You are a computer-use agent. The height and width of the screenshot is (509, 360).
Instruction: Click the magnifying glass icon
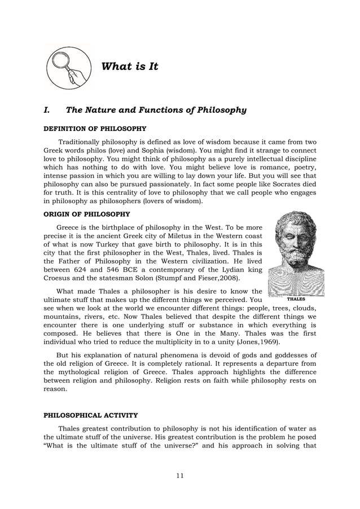pos(67,68)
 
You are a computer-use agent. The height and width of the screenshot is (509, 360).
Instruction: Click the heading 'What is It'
pos(129,67)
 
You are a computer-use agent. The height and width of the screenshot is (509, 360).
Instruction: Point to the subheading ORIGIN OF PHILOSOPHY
pos(86,214)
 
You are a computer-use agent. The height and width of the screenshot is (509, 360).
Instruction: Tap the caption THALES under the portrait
pos(296,299)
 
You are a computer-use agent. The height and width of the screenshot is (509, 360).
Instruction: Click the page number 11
pos(179,476)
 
